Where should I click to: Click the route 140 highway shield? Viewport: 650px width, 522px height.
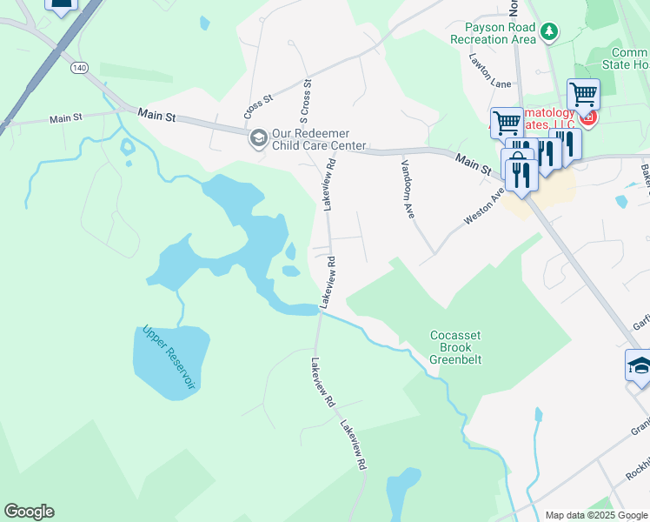(81, 67)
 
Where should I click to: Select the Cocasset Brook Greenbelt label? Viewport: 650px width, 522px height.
(455, 347)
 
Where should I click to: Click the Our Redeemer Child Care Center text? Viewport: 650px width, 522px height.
(319, 139)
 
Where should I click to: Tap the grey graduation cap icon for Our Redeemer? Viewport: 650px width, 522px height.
(257, 138)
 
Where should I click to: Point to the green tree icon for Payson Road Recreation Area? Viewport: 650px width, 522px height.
(548, 32)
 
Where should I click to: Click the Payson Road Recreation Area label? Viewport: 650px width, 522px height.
(493, 33)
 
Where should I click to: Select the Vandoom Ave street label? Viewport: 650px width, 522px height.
(407, 187)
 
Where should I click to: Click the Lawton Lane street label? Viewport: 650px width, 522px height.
(489, 71)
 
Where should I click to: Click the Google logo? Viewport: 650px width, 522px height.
(29, 512)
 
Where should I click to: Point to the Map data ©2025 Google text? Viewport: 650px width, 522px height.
(596, 515)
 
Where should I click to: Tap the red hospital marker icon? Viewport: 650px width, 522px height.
(588, 117)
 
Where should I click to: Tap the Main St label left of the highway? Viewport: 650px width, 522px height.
(65, 118)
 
